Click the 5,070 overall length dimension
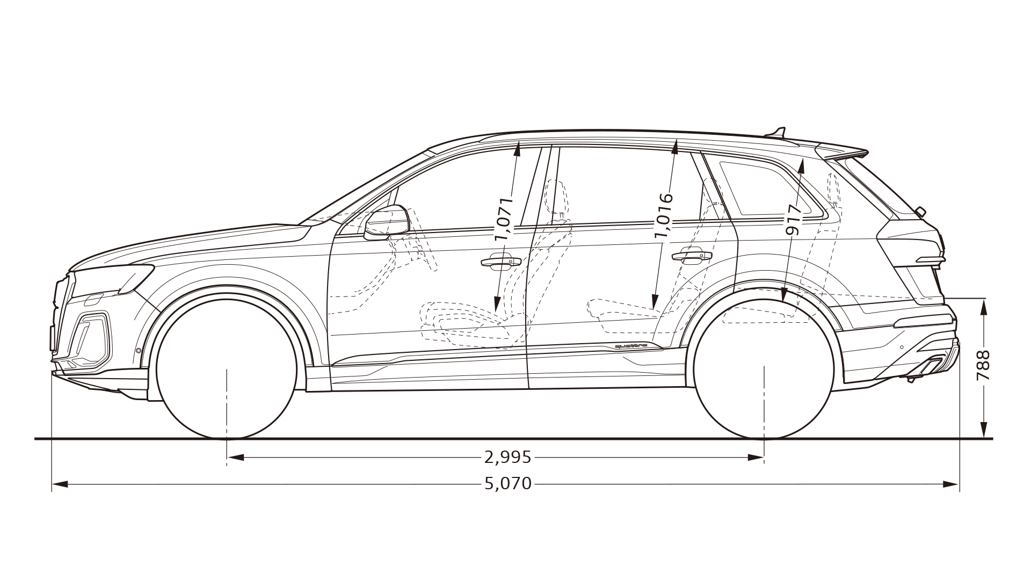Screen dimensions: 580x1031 507,484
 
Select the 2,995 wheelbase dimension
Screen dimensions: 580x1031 507,458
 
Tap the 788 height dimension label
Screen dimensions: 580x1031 983,366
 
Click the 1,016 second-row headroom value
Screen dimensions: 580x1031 664,215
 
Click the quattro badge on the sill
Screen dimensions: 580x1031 634,346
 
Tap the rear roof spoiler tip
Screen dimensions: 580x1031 864,153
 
